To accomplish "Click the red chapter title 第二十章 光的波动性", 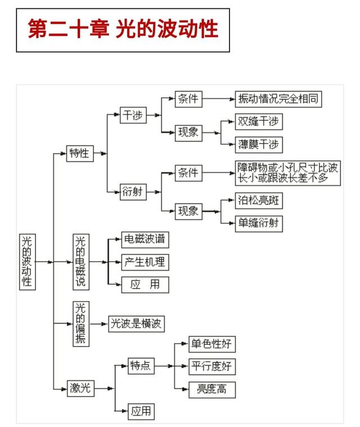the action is tap(123, 29).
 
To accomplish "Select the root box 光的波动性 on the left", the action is tap(28, 262).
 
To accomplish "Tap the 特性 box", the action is tap(80, 154).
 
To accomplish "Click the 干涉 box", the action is tap(133, 115).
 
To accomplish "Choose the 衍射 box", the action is tap(133, 192).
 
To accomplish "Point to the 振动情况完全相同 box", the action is tap(278, 99).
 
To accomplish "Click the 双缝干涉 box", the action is tap(259, 122).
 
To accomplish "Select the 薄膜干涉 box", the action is tap(259, 145).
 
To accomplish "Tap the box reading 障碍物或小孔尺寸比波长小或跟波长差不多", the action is tap(288, 173).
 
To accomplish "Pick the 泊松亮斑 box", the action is tap(259, 201).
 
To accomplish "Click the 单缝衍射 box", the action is tap(259, 224).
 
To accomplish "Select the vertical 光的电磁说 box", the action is tap(81, 262).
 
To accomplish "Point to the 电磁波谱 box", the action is tap(145, 240).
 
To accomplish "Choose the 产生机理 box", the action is tap(145, 262).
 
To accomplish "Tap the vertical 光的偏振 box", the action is tap(81, 324).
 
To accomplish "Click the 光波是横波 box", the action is tap(137, 324).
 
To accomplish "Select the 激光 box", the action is tap(80, 388).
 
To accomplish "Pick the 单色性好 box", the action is tap(212, 344).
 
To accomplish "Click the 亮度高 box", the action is tap(212, 390).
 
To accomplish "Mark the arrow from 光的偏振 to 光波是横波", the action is tap(99, 324).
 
